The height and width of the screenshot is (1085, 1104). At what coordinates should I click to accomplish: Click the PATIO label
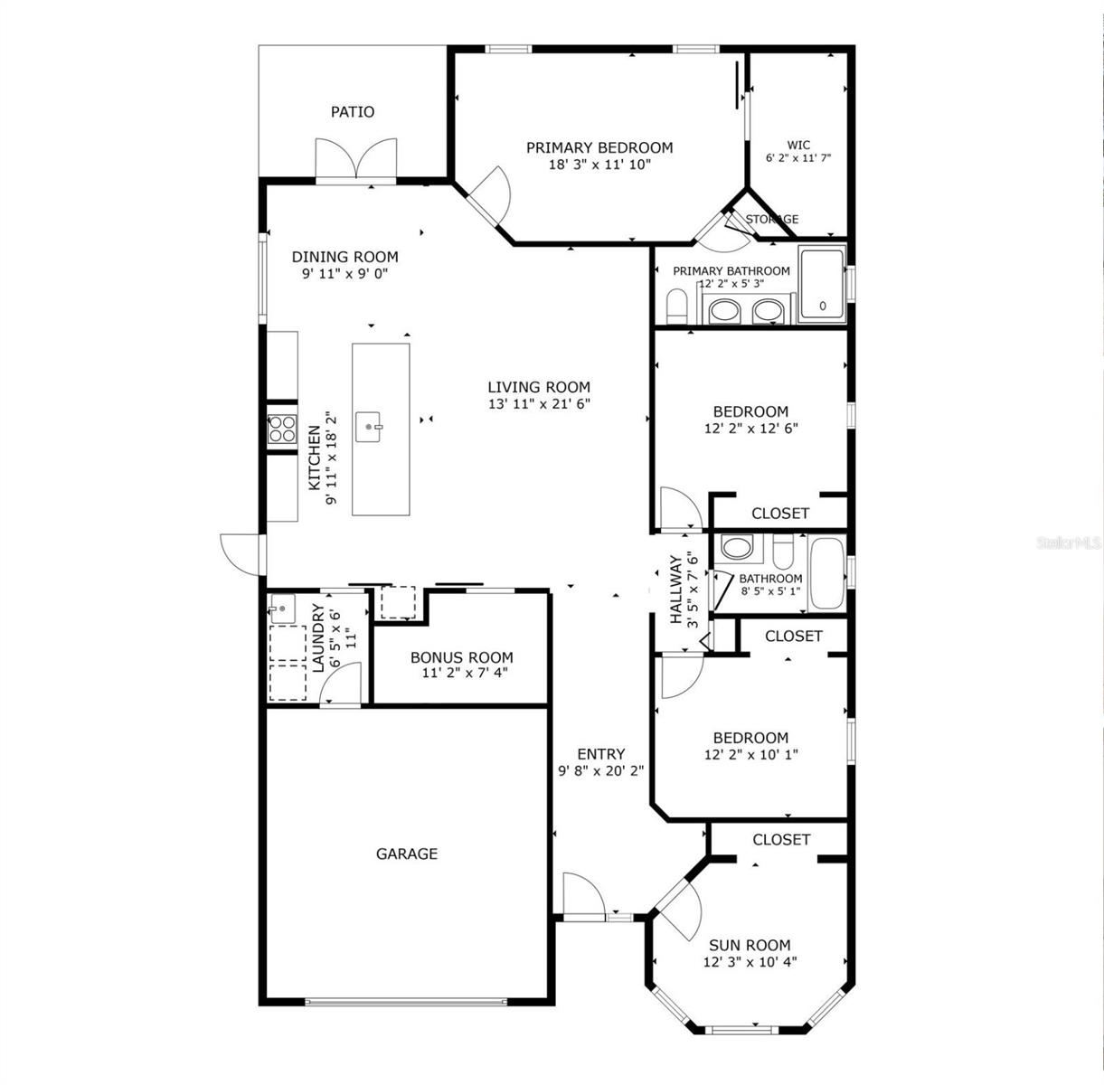(352, 112)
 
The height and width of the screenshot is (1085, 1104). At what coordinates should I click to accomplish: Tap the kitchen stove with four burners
(281, 429)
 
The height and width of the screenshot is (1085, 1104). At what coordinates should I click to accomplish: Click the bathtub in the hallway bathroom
(826, 574)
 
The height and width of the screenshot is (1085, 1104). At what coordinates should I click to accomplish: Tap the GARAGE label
(407, 854)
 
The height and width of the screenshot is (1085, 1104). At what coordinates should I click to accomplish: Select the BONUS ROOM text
(461, 657)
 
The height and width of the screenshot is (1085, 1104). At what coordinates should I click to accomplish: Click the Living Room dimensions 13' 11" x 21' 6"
(539, 404)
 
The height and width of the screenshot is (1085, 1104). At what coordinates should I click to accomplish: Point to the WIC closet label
(798, 145)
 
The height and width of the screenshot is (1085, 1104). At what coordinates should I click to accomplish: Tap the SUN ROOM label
(750, 945)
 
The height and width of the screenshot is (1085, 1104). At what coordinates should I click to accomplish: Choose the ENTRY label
(601, 754)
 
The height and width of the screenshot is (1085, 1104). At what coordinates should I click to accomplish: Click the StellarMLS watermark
(1069, 542)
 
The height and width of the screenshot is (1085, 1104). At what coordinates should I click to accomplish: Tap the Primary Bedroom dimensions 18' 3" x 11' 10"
(599, 165)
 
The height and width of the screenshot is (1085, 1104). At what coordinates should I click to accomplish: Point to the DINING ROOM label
(344, 257)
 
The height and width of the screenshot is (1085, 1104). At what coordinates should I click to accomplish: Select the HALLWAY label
(675, 590)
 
